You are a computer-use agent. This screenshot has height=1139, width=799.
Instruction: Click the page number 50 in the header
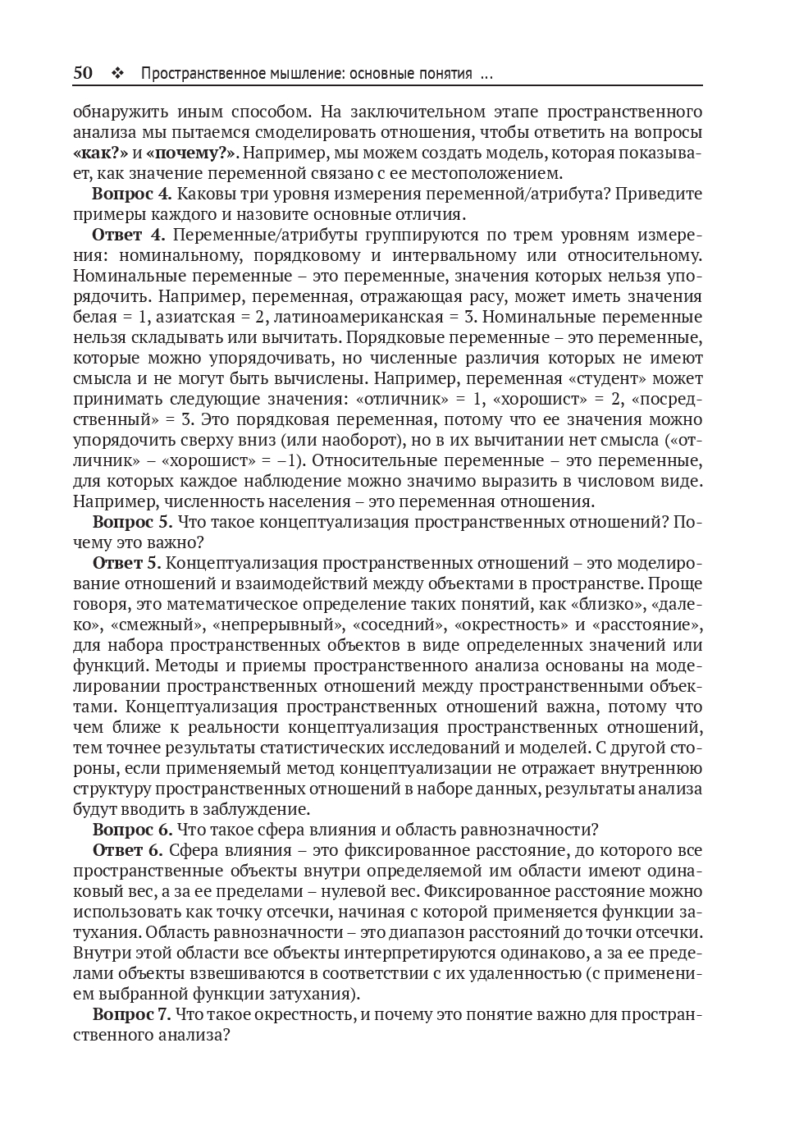[x=83, y=73]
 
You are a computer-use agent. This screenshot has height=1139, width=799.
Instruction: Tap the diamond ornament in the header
[x=116, y=74]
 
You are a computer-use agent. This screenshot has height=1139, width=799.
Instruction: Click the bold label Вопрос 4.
[x=131, y=194]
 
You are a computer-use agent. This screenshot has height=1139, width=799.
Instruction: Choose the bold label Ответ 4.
[x=129, y=235]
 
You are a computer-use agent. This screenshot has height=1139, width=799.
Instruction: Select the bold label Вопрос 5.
[x=132, y=522]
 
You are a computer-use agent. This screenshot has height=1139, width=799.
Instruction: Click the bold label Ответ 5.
[x=129, y=563]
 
